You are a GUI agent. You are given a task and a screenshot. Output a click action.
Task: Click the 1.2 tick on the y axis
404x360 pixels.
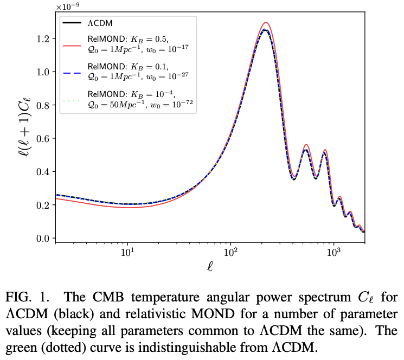[x=43, y=39]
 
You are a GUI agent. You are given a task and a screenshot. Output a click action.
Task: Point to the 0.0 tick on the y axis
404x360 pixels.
[x=43, y=239]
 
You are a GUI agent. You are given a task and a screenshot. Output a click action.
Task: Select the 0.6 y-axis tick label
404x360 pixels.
[x=43, y=139]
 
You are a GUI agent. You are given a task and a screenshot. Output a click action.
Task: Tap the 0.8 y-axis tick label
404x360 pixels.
[x=43, y=105]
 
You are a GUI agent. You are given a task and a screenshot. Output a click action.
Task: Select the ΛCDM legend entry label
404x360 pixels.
[x=101, y=24]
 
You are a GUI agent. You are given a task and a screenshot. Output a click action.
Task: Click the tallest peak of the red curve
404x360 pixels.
[x=265, y=22]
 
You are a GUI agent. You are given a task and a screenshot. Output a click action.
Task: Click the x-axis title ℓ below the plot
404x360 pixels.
[x=210, y=268]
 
